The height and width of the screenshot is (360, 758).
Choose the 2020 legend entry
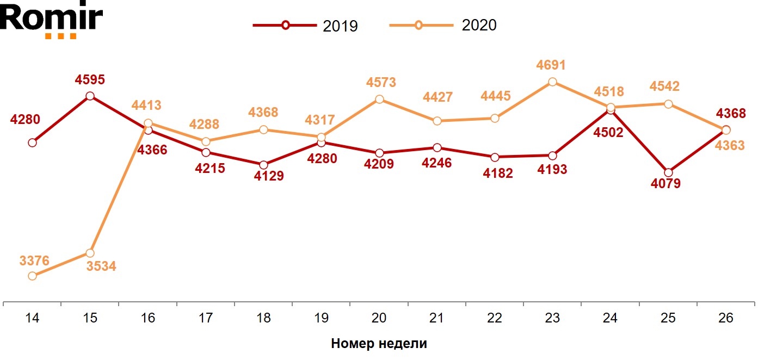(443, 26)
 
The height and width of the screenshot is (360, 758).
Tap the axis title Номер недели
(379, 344)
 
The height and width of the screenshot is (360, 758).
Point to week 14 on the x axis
(33, 318)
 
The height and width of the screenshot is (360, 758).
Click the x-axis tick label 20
(379, 318)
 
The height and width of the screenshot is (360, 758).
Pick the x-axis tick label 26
(725, 318)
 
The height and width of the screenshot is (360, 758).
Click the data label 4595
(90, 80)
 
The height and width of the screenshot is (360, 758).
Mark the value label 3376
(34, 261)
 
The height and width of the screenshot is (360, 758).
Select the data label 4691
(551, 65)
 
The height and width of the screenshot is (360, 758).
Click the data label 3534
(101, 267)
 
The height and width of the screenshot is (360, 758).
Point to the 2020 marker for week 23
(552, 82)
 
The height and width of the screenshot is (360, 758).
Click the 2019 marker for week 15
(90, 96)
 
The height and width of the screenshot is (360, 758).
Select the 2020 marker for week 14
(33, 276)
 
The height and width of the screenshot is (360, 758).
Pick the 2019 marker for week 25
(668, 172)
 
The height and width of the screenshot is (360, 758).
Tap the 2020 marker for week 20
(379, 100)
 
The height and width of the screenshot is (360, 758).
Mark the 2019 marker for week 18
(263, 165)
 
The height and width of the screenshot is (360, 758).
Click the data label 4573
(381, 83)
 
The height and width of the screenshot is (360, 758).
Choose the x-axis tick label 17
(206, 318)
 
